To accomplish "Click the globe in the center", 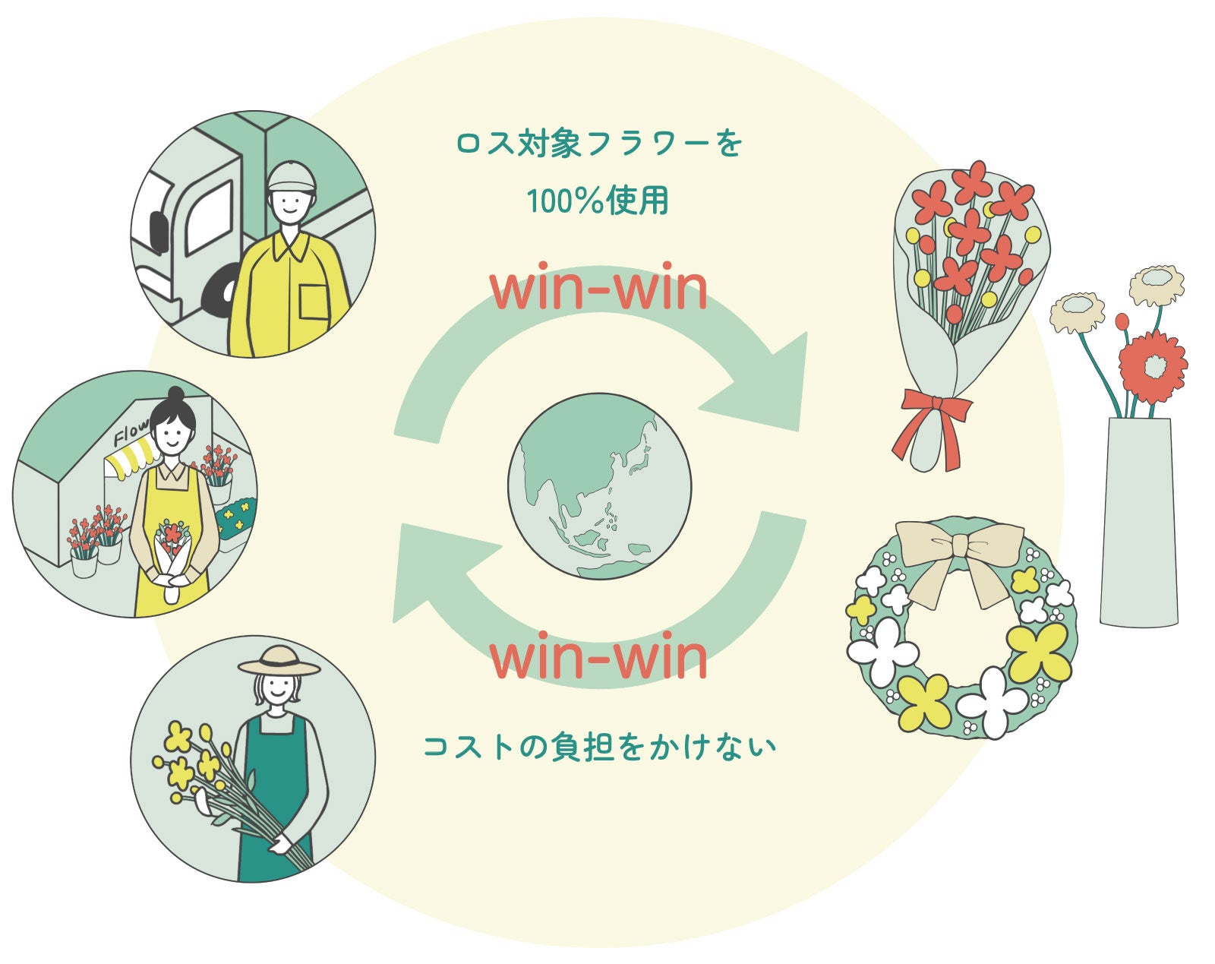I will click(x=600, y=486).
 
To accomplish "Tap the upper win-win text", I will click(x=599, y=290).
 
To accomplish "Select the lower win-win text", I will click(x=599, y=658).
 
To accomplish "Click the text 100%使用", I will click(x=598, y=201).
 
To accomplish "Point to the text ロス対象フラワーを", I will click(x=599, y=144).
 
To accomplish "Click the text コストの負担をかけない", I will click(x=599, y=747).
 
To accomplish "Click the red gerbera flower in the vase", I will click(x=1152, y=367).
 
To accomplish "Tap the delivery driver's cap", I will click(x=291, y=177).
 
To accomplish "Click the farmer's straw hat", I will click(x=279, y=661).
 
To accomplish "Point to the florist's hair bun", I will click(x=175, y=394).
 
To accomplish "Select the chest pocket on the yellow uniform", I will click(x=314, y=302).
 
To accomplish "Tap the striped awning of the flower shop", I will click(x=133, y=459).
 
